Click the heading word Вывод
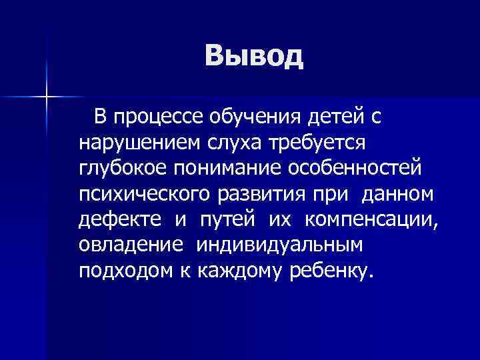coord(254,57)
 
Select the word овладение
coord(130,245)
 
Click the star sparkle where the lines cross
coord(47,97)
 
